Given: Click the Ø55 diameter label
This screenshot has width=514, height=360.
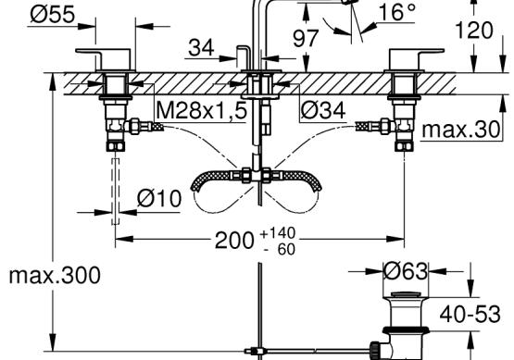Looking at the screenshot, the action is [x=53, y=15].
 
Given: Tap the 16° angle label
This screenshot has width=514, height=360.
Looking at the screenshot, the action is [x=397, y=12].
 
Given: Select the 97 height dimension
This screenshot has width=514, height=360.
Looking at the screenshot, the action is [x=306, y=38].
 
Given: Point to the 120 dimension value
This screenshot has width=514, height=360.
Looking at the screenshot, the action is [x=474, y=31].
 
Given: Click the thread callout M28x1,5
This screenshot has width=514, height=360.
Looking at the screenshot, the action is [x=201, y=110].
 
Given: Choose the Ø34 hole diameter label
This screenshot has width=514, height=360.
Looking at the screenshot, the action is [x=323, y=110].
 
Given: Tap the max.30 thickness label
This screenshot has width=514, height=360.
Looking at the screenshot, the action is [x=460, y=130].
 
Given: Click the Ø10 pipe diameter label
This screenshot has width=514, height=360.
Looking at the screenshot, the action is [x=159, y=198].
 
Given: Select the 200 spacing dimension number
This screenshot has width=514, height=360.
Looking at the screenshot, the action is [x=234, y=241].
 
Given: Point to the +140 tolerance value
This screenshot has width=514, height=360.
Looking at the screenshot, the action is [x=278, y=233].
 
